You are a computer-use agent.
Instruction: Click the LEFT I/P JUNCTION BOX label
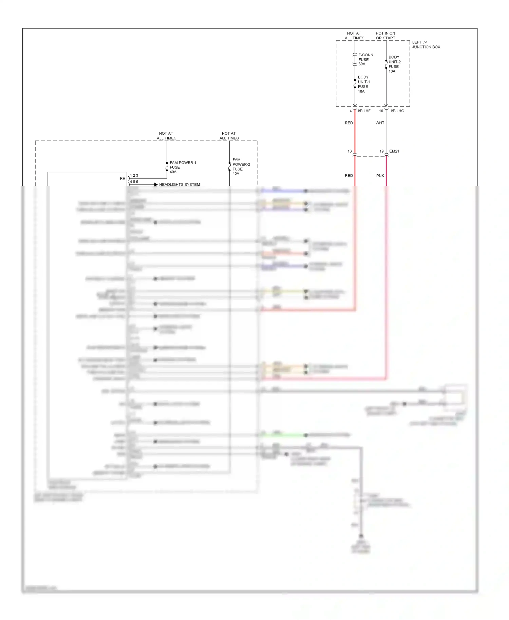point(426,45)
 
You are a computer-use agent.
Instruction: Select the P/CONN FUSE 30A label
point(365,59)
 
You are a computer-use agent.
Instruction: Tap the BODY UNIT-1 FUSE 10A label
point(363,84)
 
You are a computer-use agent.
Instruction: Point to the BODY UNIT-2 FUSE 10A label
point(394,64)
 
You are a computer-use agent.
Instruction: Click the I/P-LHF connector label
point(364,111)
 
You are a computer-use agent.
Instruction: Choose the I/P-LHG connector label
point(397,111)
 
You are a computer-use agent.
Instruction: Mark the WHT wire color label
point(380,123)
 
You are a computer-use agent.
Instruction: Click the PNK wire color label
point(380,176)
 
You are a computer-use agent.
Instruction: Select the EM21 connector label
point(394,151)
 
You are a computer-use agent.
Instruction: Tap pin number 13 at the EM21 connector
point(350,151)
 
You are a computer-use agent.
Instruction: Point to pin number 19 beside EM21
point(381,151)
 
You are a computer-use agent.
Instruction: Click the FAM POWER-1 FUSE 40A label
point(183,167)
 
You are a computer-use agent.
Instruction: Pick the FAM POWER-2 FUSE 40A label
point(241,167)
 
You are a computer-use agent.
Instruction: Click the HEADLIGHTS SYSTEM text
point(180,185)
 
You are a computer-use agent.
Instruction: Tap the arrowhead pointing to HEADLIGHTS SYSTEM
point(156,185)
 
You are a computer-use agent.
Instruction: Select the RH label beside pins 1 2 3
point(122,178)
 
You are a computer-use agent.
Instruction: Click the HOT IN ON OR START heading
point(385,36)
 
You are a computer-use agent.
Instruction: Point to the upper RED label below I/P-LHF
point(349,123)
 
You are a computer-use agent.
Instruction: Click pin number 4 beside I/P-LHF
point(351,111)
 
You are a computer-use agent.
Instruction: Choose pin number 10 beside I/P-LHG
point(381,111)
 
